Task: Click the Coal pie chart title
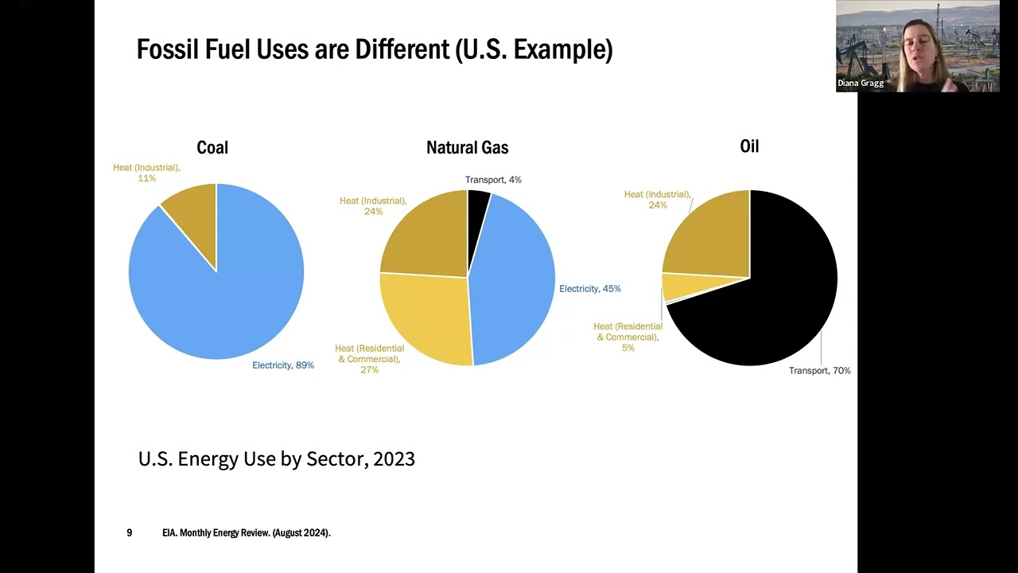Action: coord(212,147)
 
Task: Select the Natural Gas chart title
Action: coord(467,147)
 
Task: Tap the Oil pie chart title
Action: coord(749,146)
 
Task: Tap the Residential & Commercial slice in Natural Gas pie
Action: coord(425,314)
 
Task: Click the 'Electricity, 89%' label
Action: coord(283,365)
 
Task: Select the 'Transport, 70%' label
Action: coord(819,371)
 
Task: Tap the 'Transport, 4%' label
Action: coord(493,180)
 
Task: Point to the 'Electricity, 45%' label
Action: coord(589,289)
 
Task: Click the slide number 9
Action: coord(130,532)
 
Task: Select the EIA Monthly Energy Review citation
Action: coord(246,532)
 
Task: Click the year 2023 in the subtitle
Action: coord(394,458)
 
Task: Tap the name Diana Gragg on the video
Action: coord(861,83)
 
